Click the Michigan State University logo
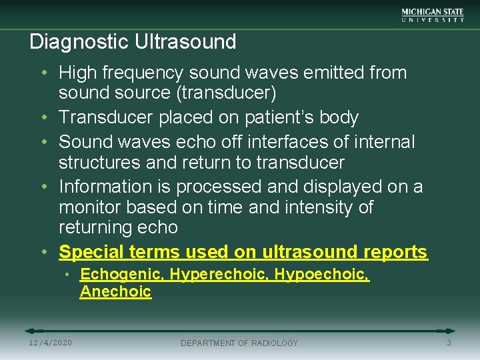[433, 15]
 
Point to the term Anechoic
[115, 292]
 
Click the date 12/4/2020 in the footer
[51, 343]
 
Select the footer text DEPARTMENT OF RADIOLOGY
[239, 343]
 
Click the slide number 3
[449, 343]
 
